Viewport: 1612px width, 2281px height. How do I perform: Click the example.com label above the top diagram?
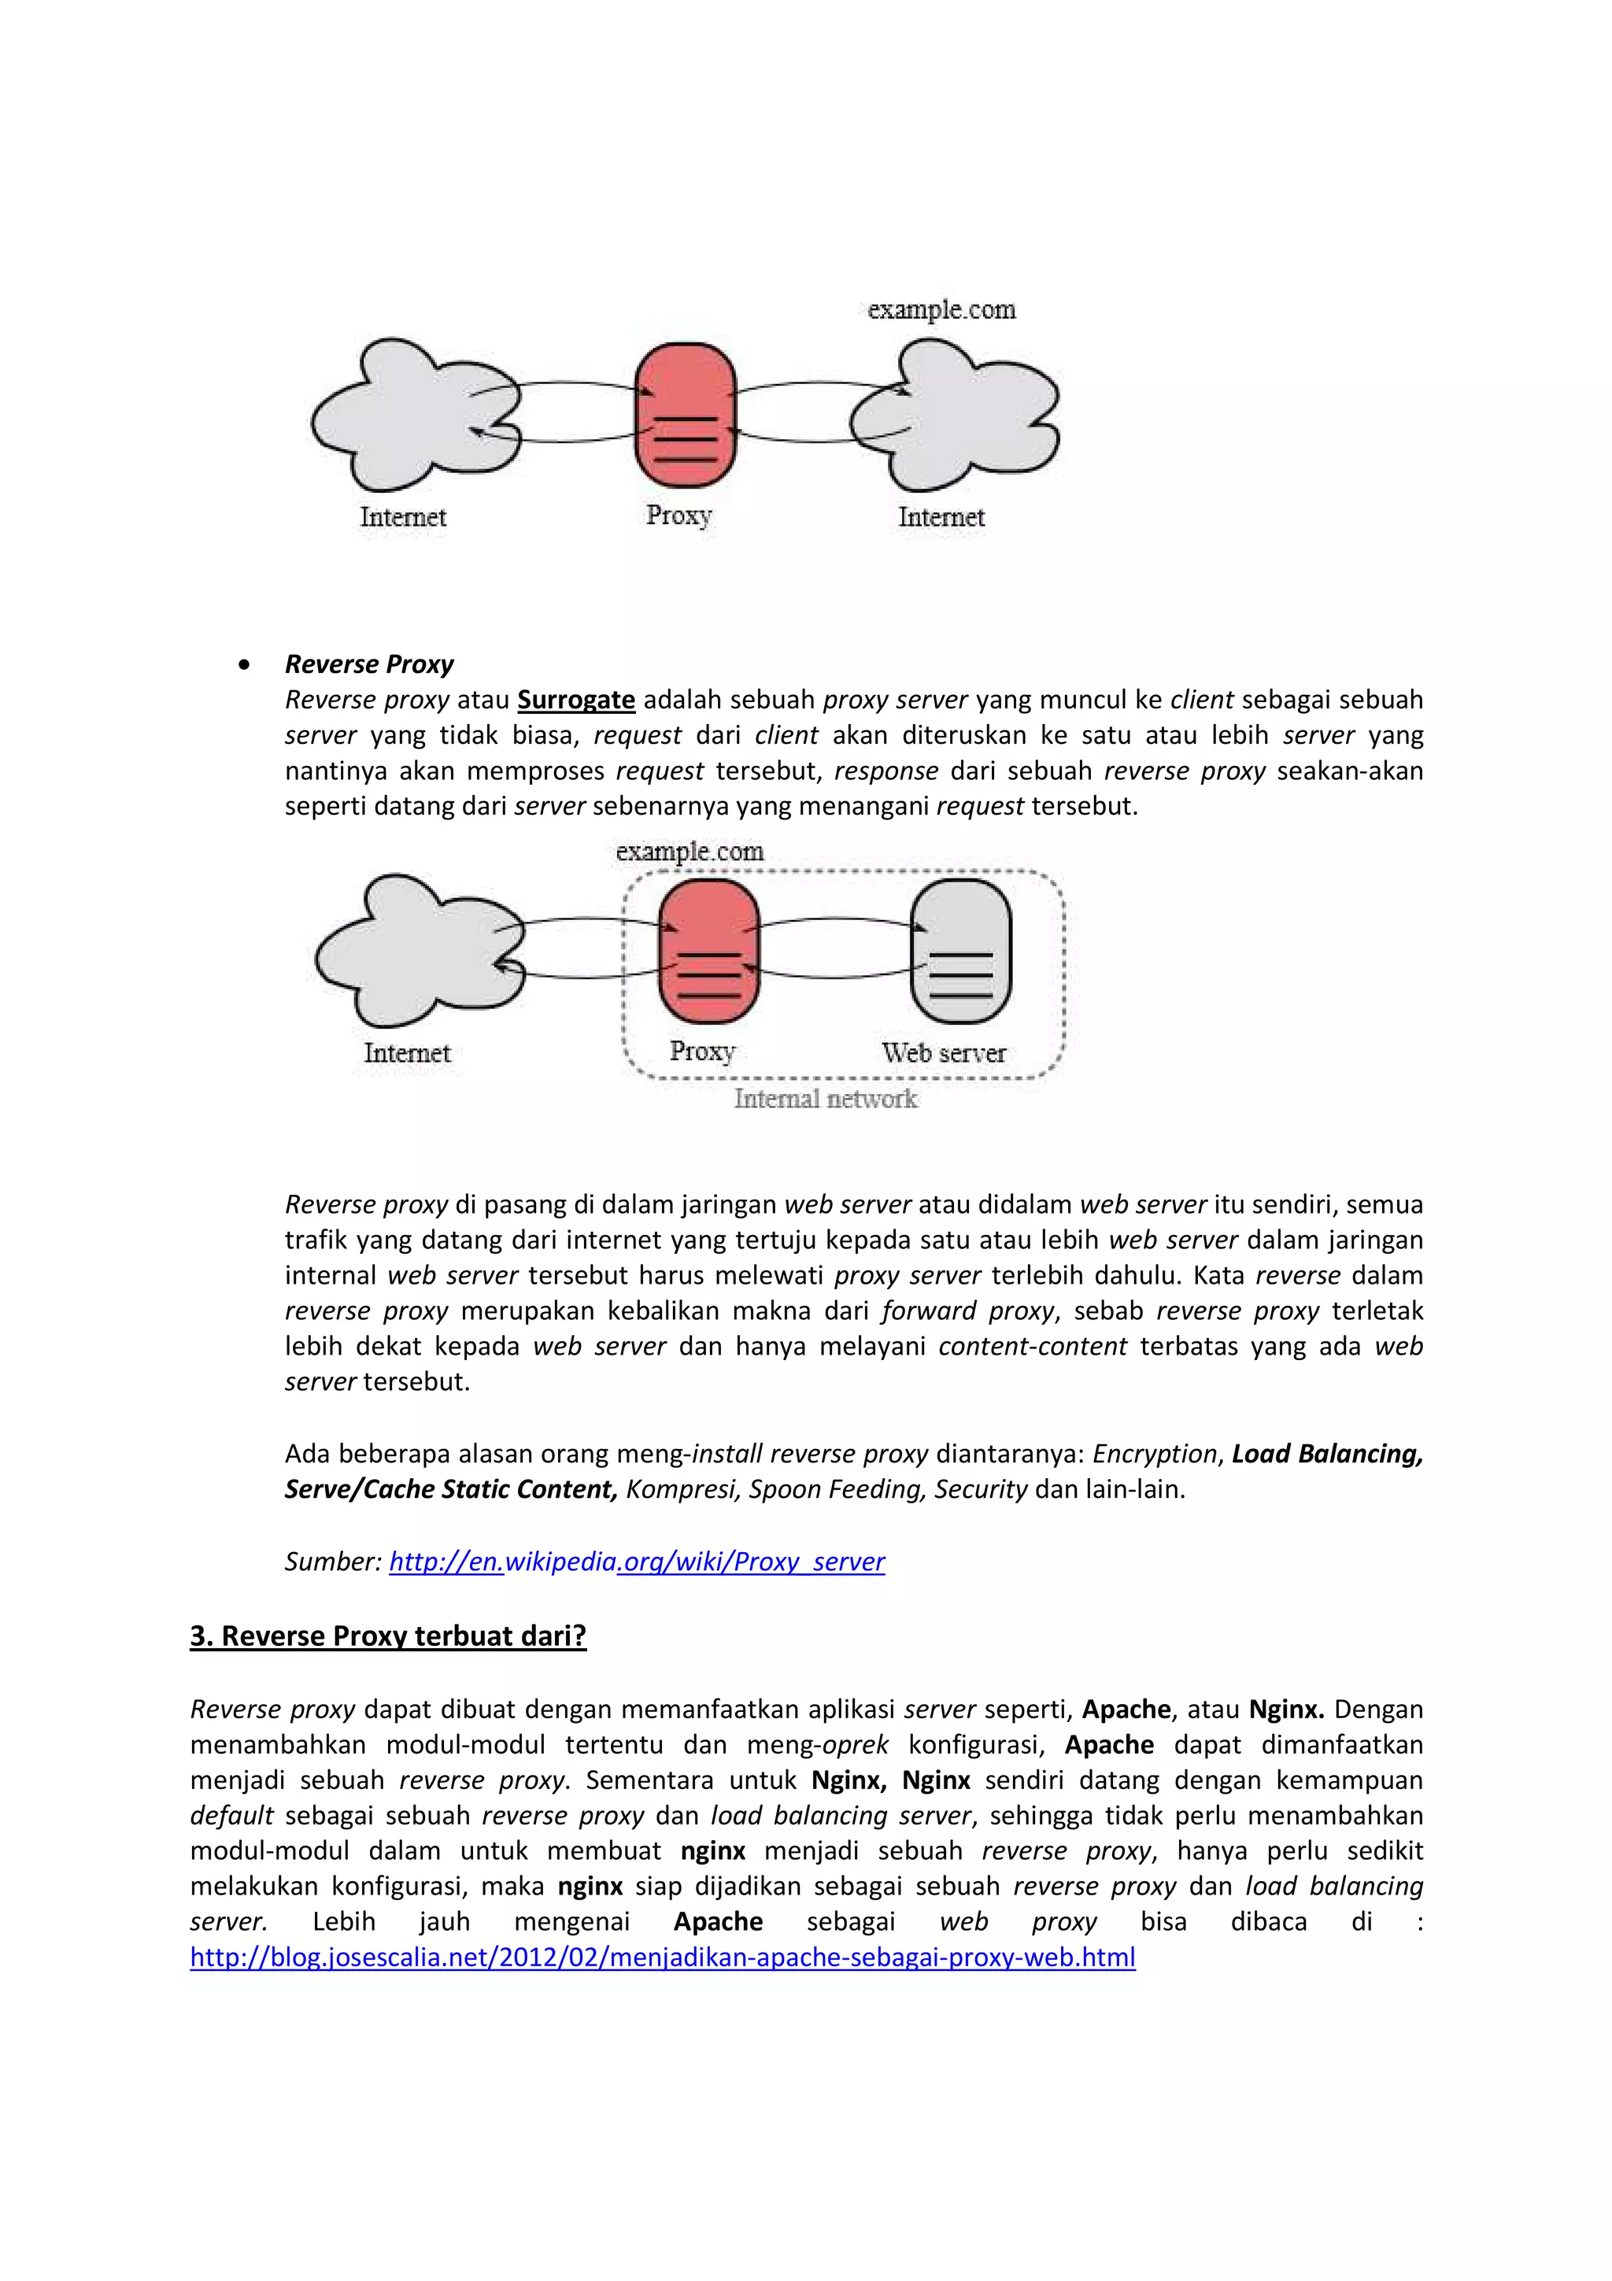941,310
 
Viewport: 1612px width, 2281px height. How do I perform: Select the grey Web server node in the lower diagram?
960,951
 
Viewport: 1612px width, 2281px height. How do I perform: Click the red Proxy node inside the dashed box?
709,951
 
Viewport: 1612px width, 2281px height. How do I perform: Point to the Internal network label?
826,1099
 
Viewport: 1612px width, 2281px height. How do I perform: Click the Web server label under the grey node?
944,1052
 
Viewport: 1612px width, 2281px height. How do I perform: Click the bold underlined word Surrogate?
576,700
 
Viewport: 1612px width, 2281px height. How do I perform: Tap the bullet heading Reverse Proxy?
368,664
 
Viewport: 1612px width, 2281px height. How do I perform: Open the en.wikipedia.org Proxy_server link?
637,1561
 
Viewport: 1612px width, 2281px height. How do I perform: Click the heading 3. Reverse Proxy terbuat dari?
387,1636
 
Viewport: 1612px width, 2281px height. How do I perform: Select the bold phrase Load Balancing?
1327,1454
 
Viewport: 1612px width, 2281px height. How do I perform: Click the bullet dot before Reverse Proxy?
244,664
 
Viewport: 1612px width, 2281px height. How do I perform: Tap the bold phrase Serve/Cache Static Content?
451,1489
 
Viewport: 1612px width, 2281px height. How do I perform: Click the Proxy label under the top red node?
679,516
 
